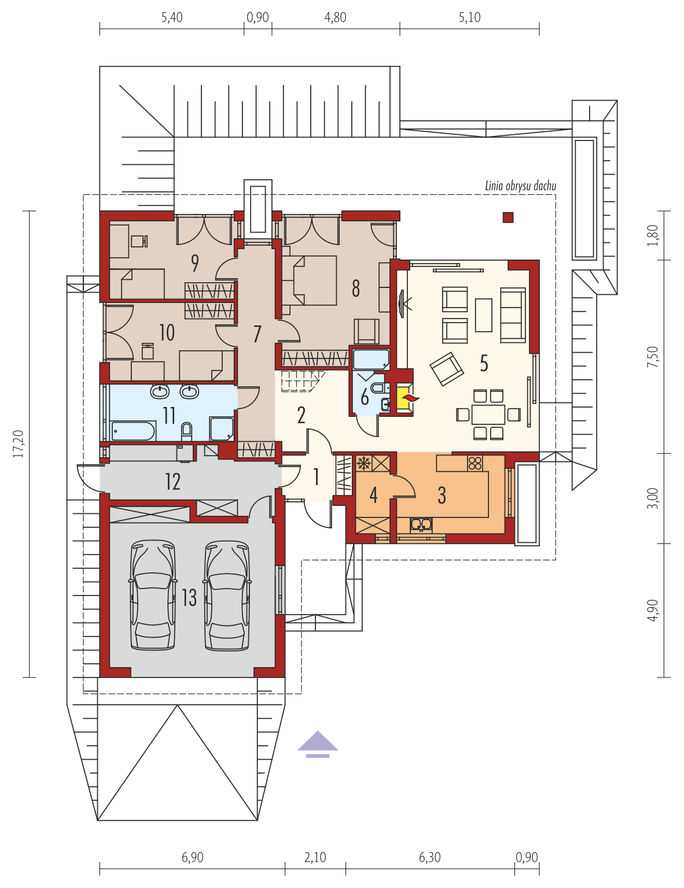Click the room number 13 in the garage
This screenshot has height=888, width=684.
pyautogui.click(x=189, y=598)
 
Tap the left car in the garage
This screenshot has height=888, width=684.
pyautogui.click(x=153, y=595)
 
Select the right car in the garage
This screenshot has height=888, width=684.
pyautogui.click(x=227, y=595)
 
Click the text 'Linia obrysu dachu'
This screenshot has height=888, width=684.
pyautogui.click(x=520, y=186)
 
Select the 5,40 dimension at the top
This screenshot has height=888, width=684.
pyautogui.click(x=172, y=17)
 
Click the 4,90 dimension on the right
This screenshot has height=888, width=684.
pyautogui.click(x=653, y=610)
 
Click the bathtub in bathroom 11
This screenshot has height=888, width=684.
pyautogui.click(x=133, y=430)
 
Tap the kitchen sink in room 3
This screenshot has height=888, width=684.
pyautogui.click(x=421, y=524)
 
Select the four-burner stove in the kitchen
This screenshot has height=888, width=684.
pyautogui.click(x=475, y=464)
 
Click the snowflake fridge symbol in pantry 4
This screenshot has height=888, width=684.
pyautogui.click(x=363, y=464)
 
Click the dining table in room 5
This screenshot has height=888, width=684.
pyautogui.click(x=488, y=415)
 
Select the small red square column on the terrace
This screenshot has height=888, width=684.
pyautogui.click(x=508, y=217)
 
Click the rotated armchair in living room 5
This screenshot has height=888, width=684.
pyautogui.click(x=447, y=368)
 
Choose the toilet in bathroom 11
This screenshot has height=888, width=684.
pyautogui.click(x=186, y=431)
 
